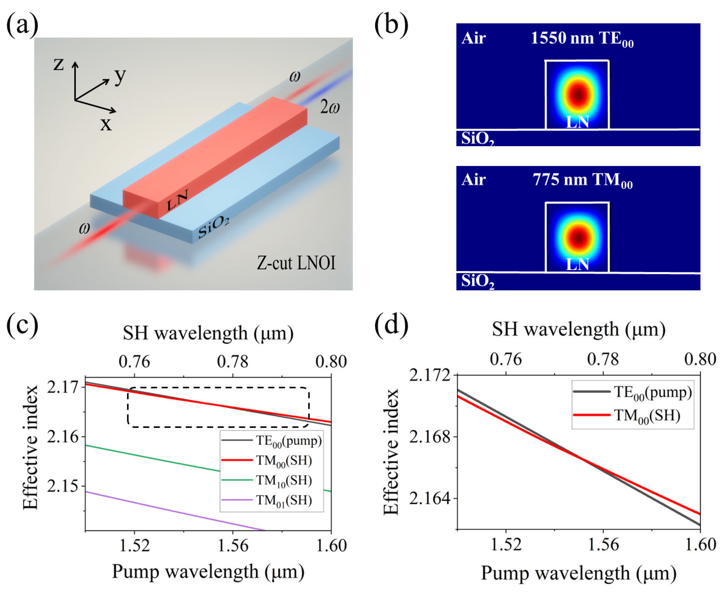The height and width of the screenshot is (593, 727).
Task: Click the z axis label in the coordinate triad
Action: [x=59, y=64]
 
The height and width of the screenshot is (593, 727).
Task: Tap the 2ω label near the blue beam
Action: [x=330, y=108]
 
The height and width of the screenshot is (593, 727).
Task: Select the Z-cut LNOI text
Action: [x=296, y=263]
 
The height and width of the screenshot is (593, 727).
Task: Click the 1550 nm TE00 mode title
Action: [x=582, y=39]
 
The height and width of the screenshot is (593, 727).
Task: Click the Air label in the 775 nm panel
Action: [x=473, y=180]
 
